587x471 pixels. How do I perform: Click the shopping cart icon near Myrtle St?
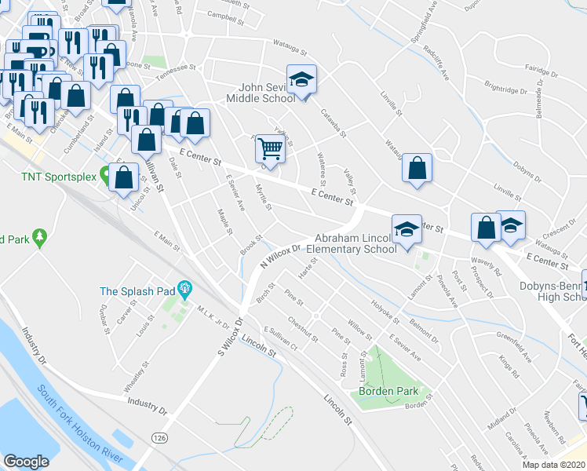pyautogui.click(x=270, y=147)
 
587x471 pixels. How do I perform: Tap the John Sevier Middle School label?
pyautogui.click(x=261, y=93)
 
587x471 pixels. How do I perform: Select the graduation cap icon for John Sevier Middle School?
pyautogui.click(x=301, y=79)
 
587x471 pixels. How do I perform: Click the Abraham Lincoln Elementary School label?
pyautogui.click(x=355, y=243)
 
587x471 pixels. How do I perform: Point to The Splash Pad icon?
pyautogui.click(x=185, y=290)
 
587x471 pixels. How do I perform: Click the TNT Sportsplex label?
pyautogui.click(x=47, y=177)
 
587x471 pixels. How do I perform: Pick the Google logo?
pyautogui.click(x=26, y=462)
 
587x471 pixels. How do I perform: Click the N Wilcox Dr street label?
pyautogui.click(x=280, y=257)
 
